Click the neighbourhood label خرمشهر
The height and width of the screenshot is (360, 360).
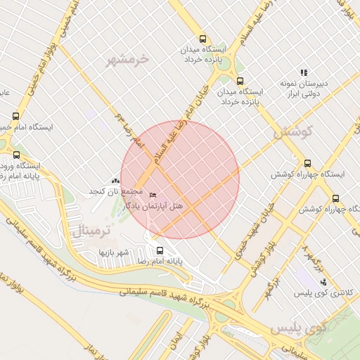point(129,60)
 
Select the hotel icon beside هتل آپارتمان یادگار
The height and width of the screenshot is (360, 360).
point(154,195)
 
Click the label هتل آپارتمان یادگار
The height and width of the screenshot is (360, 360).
point(153,206)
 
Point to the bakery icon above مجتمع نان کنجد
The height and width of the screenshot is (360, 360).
point(116,181)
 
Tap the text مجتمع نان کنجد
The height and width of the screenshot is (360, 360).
point(115,192)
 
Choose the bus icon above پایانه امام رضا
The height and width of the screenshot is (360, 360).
point(160,250)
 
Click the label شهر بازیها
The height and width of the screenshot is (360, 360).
point(115,251)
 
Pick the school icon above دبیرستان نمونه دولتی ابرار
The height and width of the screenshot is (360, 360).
point(304,72)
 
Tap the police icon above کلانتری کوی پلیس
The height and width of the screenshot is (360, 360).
point(323,282)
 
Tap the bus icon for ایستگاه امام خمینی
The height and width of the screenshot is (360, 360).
point(16,116)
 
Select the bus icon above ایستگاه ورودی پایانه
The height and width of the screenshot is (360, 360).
point(17,155)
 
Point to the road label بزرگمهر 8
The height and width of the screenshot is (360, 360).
point(314,257)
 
